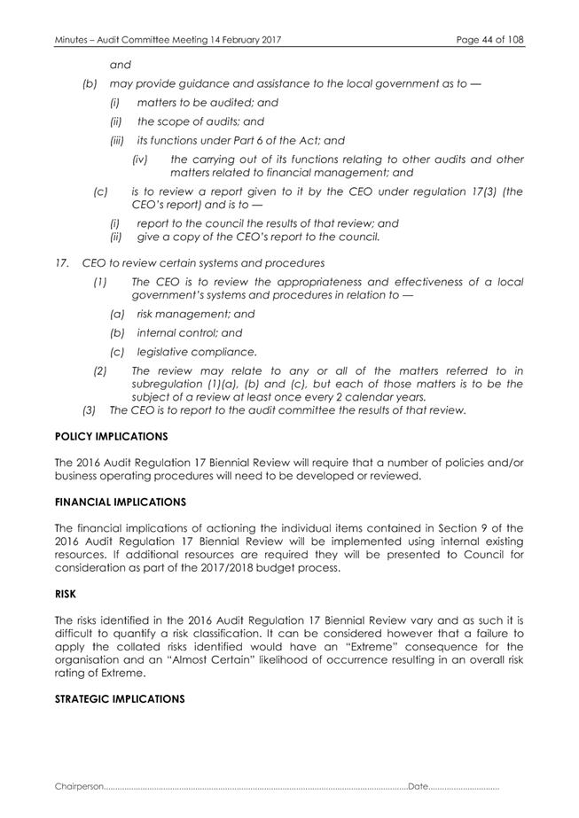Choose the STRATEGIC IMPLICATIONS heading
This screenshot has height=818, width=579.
coord(107,698)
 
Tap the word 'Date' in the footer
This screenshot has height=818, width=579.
coord(418,786)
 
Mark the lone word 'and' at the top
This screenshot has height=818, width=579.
coord(119,65)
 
